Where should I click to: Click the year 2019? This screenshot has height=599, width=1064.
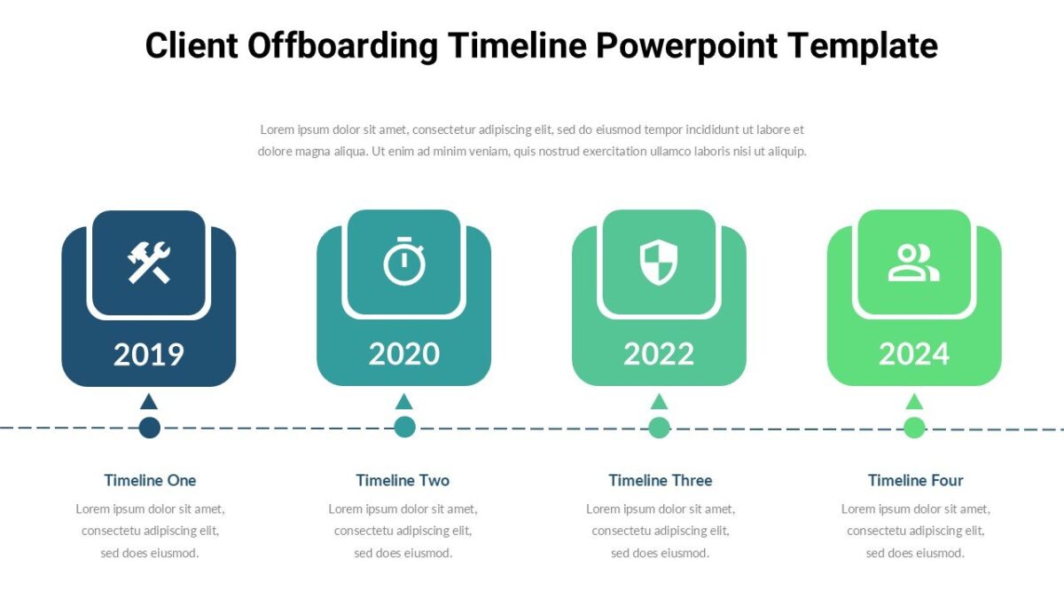click(x=148, y=354)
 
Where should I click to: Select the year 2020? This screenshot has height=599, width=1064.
click(x=403, y=354)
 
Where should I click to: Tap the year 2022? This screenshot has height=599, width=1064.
click(x=658, y=354)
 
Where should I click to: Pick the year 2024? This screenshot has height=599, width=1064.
click(x=913, y=354)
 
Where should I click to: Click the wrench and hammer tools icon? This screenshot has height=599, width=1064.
click(x=149, y=263)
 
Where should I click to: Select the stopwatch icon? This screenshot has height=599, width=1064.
click(x=404, y=262)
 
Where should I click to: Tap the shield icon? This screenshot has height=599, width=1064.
click(x=658, y=263)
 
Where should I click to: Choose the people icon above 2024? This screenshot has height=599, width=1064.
click(x=913, y=263)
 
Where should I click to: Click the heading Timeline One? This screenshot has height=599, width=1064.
click(x=150, y=480)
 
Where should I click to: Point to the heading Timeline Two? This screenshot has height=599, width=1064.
click(x=403, y=480)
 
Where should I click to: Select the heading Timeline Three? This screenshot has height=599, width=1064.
click(x=660, y=480)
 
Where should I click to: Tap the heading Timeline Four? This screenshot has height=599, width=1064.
click(x=915, y=480)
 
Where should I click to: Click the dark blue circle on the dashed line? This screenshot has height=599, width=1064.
click(x=149, y=428)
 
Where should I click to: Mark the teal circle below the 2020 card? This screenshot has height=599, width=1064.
click(x=404, y=428)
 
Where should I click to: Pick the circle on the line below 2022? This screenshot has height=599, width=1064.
click(x=659, y=428)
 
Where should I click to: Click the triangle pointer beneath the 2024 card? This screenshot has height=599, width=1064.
click(x=914, y=402)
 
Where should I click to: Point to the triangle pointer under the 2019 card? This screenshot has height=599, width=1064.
click(x=149, y=402)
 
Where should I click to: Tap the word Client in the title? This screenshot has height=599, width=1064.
click(x=191, y=45)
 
